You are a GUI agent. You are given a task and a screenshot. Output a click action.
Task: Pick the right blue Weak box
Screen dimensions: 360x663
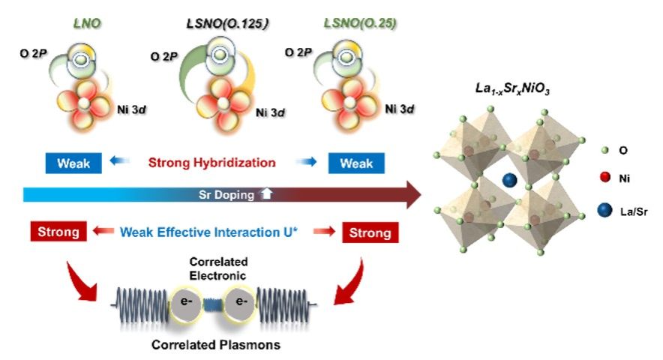tap(355, 163)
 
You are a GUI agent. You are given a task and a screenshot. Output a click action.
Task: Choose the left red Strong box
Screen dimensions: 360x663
tap(59, 232)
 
